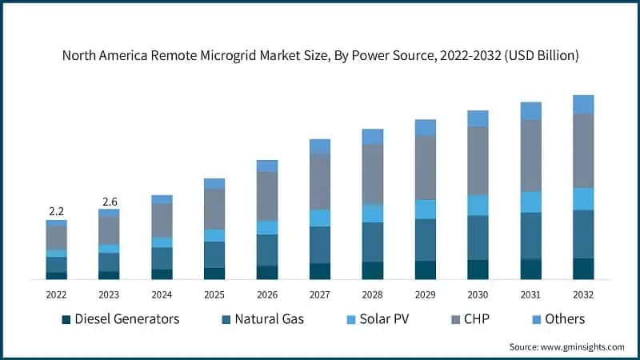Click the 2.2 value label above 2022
click(56, 211)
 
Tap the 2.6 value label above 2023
click(109, 201)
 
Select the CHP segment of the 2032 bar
click(583, 150)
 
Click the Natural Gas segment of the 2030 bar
click(478, 237)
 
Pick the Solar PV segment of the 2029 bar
click(425, 209)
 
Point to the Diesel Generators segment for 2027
click(320, 271)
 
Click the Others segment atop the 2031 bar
click(530, 111)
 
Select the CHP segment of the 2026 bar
click(267, 196)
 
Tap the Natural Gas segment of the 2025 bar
click(214, 254)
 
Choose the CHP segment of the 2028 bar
click(372, 174)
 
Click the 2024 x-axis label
click(162, 294)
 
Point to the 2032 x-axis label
click(583, 294)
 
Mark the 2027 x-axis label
click(320, 294)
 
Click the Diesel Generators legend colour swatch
click(66, 320)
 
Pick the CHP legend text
click(476, 319)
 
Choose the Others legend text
click(565, 319)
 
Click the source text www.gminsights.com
click(583, 347)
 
